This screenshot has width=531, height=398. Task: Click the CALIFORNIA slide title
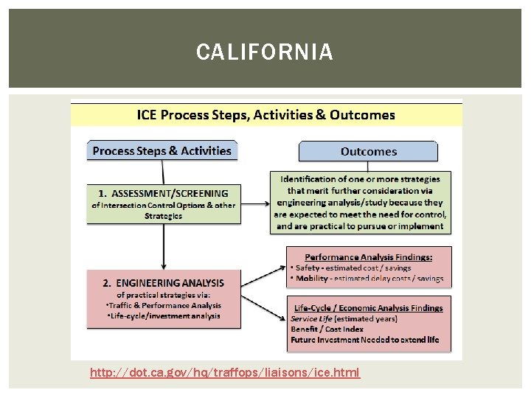pyautogui.click(x=265, y=52)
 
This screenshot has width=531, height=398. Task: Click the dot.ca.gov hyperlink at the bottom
pyautogui.click(x=225, y=373)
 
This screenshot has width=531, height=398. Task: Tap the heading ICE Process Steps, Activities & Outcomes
pyautogui.click(x=266, y=115)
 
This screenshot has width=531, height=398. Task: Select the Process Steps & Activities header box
pyautogui.click(x=162, y=151)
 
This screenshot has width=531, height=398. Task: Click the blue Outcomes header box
pyautogui.click(x=368, y=151)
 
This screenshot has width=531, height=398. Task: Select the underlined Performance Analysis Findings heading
pyautogui.click(x=368, y=256)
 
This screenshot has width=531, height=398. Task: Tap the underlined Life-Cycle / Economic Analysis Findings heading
pyautogui.click(x=368, y=308)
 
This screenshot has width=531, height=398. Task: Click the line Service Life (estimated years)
pyautogui.click(x=344, y=318)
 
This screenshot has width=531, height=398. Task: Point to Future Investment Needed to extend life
pyautogui.click(x=364, y=340)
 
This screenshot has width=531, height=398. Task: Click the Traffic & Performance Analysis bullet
pyautogui.click(x=164, y=304)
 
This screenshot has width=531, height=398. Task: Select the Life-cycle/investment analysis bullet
pyautogui.click(x=163, y=315)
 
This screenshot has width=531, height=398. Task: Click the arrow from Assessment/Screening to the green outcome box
pyautogui.click(x=254, y=204)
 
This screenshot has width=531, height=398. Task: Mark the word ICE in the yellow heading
pyautogui.click(x=147, y=115)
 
